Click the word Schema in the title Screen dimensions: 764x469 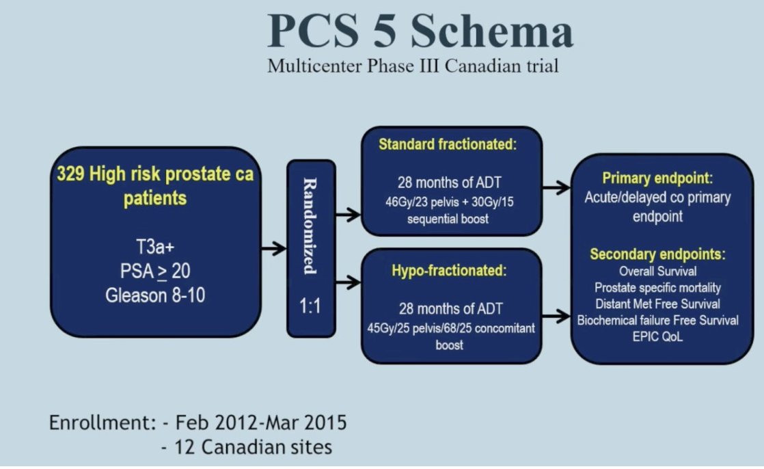pos(491,31)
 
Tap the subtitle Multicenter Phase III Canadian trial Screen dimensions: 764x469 pos(413,66)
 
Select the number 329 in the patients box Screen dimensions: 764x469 pos(71,174)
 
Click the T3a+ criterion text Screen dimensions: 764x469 pos(155,247)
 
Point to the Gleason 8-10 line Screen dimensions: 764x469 pos(155,295)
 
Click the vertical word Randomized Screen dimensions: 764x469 pos(310,226)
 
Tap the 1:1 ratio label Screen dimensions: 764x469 pos(310,306)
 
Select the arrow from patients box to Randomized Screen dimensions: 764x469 pos(273,248)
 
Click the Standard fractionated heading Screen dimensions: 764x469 pos(448,144)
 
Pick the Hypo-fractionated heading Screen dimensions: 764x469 pos(449,271)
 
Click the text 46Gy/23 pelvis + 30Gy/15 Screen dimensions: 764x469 pos(449,202)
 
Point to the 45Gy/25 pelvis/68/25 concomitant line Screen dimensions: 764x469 pos(451,328)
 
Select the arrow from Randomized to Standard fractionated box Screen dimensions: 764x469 pos(348,214)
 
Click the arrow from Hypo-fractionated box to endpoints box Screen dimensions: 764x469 pos(556,317)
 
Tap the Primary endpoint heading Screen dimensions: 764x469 pos(657,178)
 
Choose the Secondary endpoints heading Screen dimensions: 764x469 pos(657,254)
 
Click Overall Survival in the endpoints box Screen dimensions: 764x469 pos(657,271)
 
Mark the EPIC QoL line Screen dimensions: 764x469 pos(657,336)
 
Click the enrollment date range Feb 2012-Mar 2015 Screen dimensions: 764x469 pos(260,423)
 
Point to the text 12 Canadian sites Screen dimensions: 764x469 pos(253,447)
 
